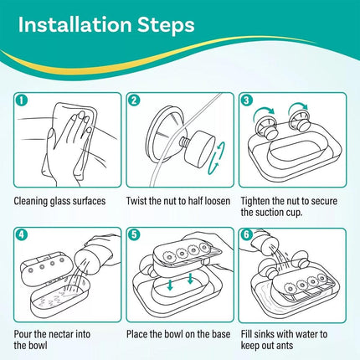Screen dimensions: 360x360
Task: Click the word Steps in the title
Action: point(166,26)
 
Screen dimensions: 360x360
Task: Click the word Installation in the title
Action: point(75,24)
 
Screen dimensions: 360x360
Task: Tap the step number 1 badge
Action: point(22,100)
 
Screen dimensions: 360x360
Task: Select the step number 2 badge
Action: point(134,100)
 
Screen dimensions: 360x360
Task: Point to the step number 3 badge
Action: point(246,100)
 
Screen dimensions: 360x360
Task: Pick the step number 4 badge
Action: point(22,234)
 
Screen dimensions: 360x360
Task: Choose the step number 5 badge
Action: point(134,234)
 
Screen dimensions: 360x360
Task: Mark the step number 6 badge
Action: point(246,234)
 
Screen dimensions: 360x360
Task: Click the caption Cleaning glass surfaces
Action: point(59,201)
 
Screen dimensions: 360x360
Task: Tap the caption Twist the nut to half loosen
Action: point(178,201)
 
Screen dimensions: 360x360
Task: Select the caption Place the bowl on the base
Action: point(178,334)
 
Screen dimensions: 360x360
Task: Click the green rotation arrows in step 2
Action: point(218,158)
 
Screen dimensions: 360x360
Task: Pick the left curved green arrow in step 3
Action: point(264,111)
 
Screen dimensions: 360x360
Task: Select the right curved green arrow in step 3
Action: point(298,105)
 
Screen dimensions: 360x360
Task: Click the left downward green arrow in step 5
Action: point(170,285)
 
